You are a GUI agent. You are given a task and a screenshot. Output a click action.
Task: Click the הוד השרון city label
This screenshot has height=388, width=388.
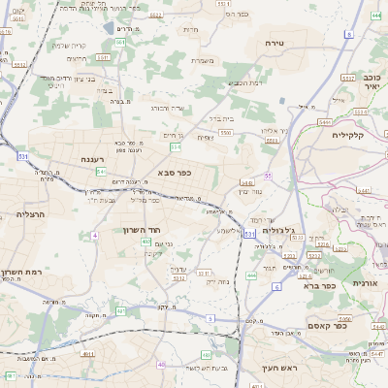[140, 230]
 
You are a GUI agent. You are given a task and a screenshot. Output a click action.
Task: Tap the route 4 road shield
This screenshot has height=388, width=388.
[95, 236]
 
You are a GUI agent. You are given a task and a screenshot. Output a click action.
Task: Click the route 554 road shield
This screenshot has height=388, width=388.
[175, 146]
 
